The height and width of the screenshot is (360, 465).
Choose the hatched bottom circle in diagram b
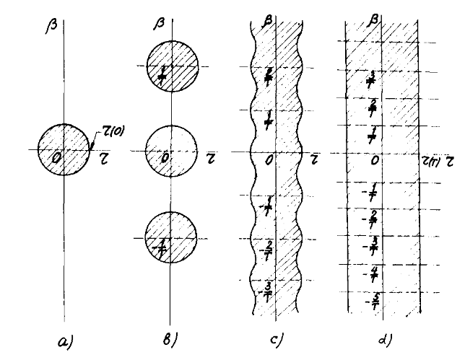point(170,239)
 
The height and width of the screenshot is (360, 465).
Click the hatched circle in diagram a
point(64,149)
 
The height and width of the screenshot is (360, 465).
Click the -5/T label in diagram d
point(375,299)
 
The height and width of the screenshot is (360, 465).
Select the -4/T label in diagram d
point(375,272)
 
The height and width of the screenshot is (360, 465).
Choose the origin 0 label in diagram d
point(374,159)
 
